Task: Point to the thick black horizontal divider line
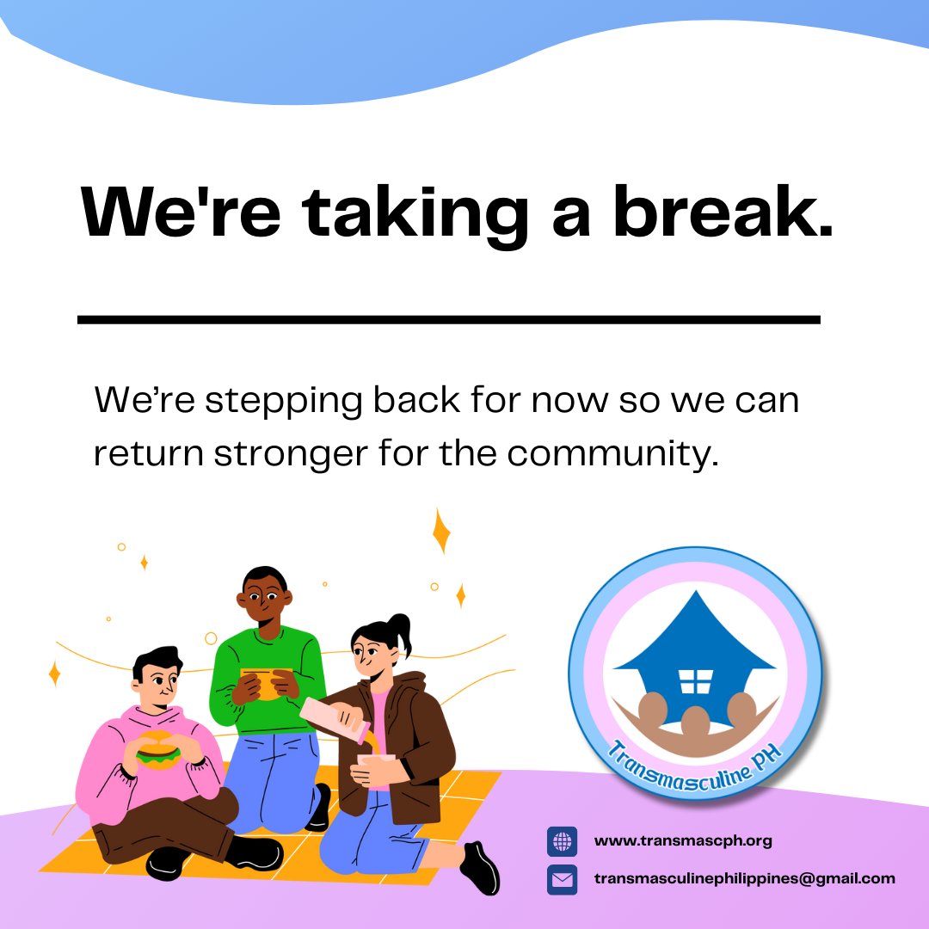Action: tap(448, 319)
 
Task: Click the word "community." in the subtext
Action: tap(612, 452)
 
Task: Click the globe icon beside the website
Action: tap(562, 841)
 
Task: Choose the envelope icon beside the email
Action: tap(562, 879)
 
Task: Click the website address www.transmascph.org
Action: tap(683, 841)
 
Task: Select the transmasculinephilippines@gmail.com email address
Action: tap(745, 879)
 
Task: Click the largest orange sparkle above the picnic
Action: tap(441, 531)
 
